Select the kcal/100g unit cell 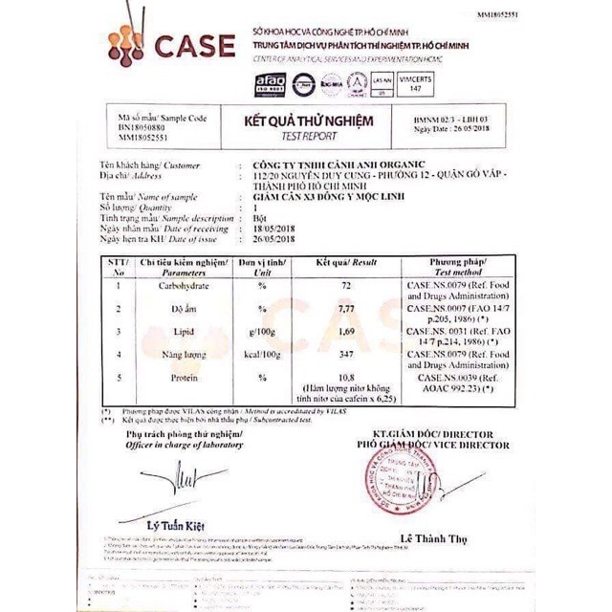click(261, 355)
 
